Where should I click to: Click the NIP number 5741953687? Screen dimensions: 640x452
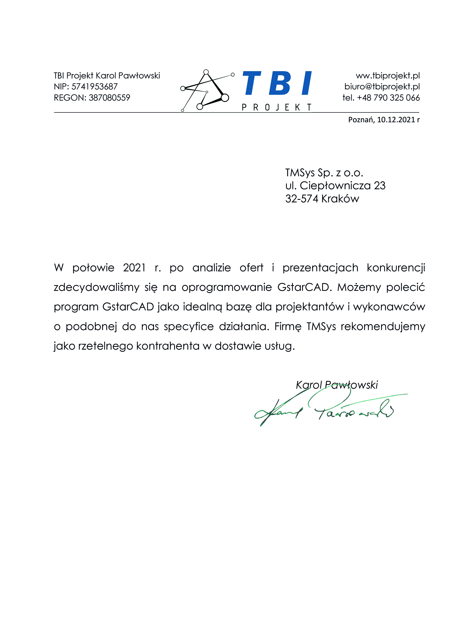click(94, 87)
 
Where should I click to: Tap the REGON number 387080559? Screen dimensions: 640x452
click(109, 98)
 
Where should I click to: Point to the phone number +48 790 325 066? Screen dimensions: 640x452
click(388, 98)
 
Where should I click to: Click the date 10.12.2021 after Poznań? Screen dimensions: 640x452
click(396, 120)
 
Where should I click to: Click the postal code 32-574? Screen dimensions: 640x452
click(301, 199)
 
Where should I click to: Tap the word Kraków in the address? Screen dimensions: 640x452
click(340, 199)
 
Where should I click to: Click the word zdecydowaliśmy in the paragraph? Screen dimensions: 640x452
click(96, 287)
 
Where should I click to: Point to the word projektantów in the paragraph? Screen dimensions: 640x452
click(310, 307)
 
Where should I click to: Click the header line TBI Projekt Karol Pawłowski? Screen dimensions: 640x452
click(107, 76)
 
